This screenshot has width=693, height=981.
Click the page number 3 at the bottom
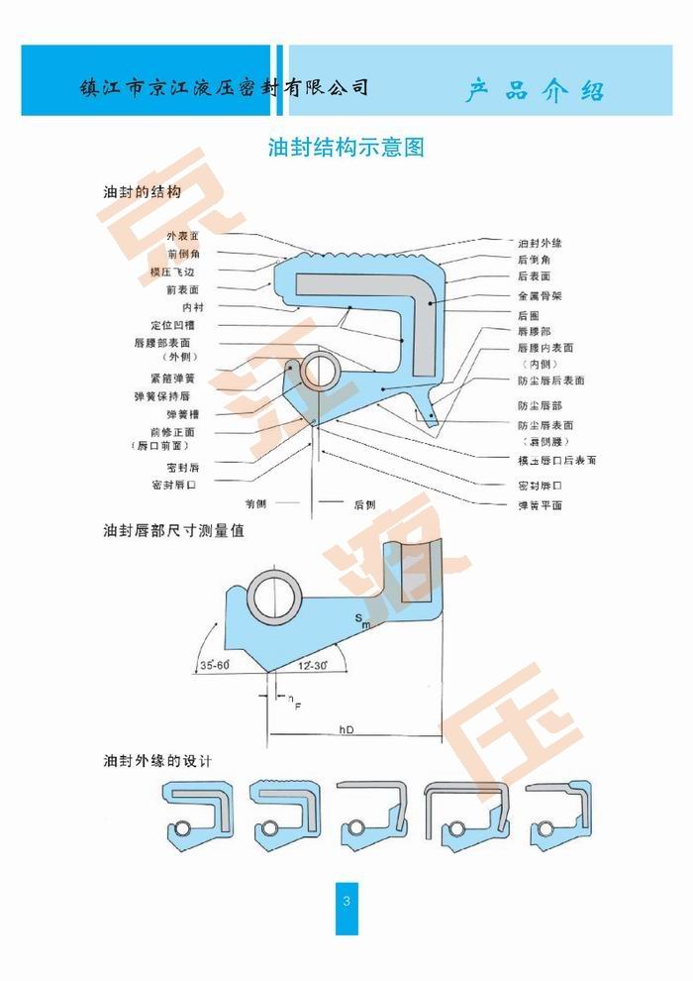pos(346,901)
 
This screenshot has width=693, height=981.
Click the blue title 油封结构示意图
pos(346,149)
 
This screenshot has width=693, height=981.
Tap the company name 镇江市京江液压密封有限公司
pos(225,87)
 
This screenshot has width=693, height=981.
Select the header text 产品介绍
pos(536,92)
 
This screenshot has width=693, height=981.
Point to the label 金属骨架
pos(540,295)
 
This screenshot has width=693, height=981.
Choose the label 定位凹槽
pos(173,324)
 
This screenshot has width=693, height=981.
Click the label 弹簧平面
pos(540,504)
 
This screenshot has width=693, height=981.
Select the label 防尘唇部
pos(540,405)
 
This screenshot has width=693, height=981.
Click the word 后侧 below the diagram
pos(364,504)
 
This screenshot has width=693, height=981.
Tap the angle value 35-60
pos(214,665)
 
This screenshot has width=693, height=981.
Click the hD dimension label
pos(346,730)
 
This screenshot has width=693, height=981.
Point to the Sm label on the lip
pos(362,621)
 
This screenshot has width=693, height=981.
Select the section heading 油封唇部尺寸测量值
pos(174,531)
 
